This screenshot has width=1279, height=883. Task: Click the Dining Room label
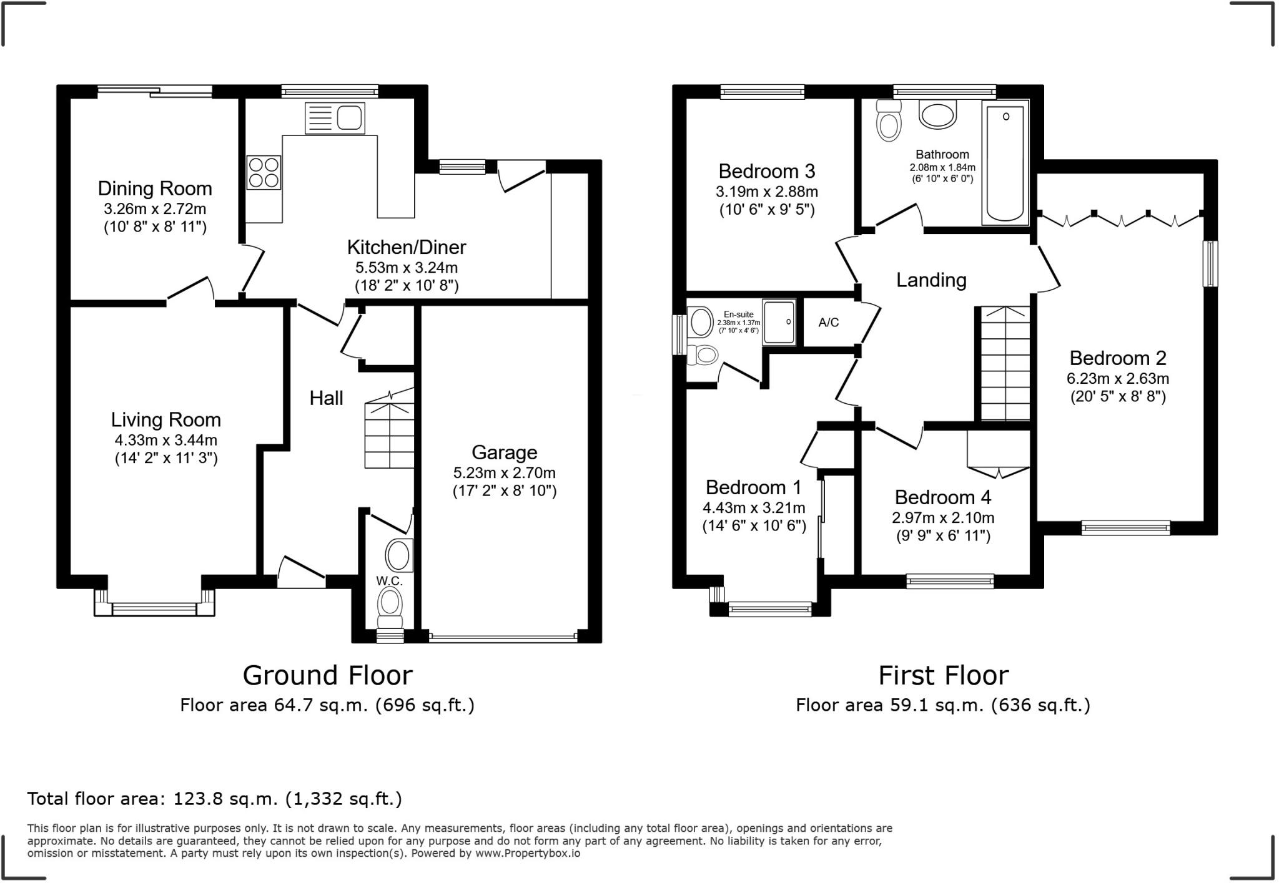coord(155,188)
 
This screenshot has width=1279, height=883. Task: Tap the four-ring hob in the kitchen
coord(264,172)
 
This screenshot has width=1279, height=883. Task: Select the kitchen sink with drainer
coord(335,118)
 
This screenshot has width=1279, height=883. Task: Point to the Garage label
coord(504,452)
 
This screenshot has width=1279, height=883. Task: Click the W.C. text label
coord(388,580)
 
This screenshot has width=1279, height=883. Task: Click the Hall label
coord(326,398)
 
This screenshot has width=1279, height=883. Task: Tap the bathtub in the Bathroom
coord(1005,162)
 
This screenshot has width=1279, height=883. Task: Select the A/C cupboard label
coord(829,322)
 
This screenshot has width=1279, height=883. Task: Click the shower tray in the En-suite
coord(779,322)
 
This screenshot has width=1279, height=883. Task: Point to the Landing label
coord(931,280)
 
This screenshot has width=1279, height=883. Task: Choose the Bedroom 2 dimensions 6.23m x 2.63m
coord(1117,378)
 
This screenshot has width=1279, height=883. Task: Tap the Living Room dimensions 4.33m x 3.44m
coord(166,440)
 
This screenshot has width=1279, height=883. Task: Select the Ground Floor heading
coord(328,675)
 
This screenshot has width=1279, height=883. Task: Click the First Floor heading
coord(943,675)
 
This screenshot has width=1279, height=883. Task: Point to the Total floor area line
coord(214,799)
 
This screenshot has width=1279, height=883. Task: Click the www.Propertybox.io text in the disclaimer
coord(528,853)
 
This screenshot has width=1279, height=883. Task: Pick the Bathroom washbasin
coord(938,115)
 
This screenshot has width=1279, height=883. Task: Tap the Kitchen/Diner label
coord(407,247)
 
